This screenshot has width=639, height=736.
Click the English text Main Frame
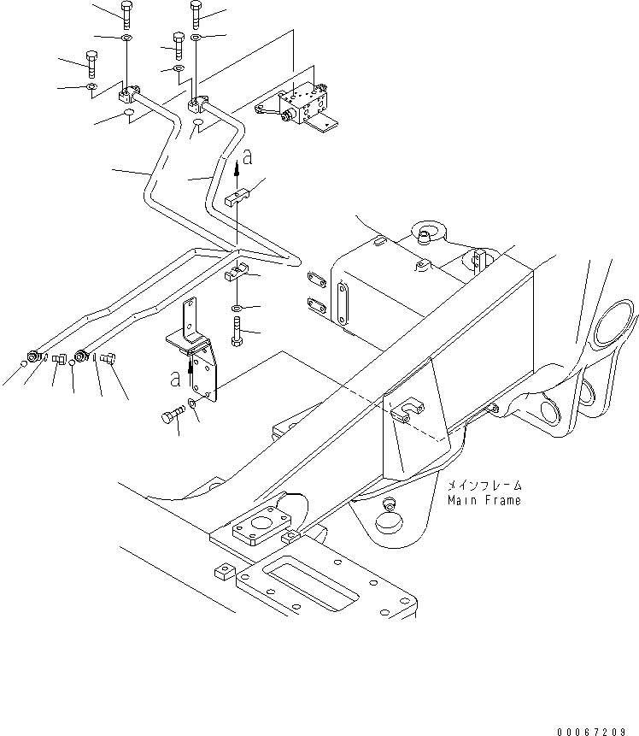click(x=483, y=500)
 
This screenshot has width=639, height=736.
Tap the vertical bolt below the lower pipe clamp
click(x=237, y=329)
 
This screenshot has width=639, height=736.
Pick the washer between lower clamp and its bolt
click(x=237, y=306)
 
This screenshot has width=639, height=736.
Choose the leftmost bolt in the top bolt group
click(x=91, y=62)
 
